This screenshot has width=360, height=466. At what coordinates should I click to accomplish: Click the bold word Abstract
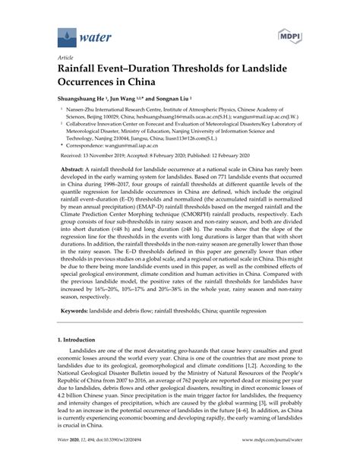coord(74,189)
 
